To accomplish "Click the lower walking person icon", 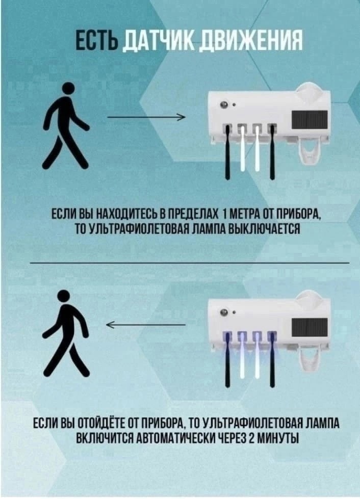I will [x=65, y=331].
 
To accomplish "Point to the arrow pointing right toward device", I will [x=146, y=118].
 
